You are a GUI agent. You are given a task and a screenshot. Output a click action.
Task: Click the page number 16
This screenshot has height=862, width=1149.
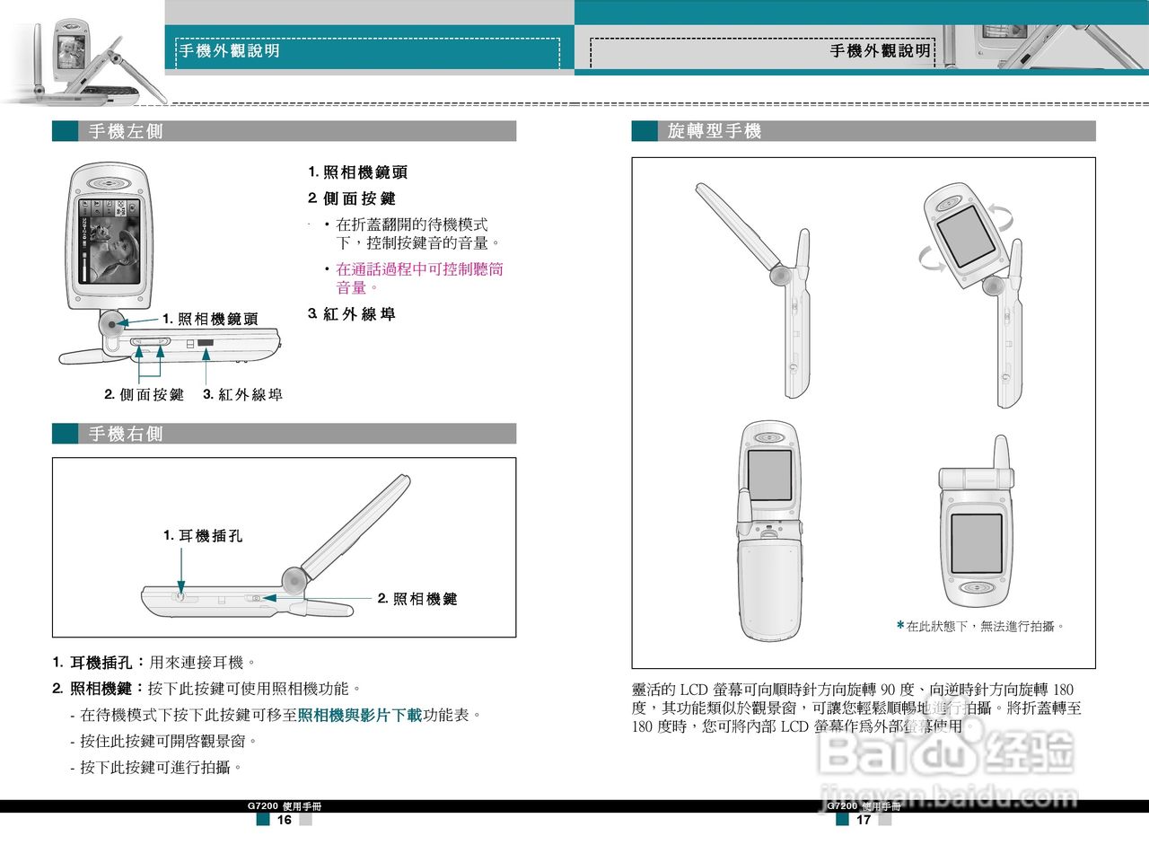coord(284,820)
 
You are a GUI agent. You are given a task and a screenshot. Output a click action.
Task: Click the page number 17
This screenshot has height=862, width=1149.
coord(864,820)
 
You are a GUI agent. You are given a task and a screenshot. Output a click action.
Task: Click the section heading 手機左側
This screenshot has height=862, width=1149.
coord(126,132)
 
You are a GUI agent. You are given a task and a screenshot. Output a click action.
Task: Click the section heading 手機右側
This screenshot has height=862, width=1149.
coord(126,435)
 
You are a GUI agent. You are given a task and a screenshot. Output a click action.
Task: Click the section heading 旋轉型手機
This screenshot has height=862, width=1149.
coord(714,132)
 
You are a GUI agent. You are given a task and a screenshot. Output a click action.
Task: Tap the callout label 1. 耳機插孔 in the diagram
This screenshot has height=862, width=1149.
coord(203,536)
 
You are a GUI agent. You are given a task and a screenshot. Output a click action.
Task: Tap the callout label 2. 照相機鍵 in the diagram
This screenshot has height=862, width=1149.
coord(417,599)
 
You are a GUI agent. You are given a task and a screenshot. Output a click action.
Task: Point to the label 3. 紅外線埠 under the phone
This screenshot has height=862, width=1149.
coord(243,395)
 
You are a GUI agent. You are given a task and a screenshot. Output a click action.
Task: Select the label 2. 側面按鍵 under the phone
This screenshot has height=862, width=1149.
coord(144,395)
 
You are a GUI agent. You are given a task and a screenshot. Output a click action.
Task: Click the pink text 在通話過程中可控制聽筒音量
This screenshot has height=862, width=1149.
coord(419,277)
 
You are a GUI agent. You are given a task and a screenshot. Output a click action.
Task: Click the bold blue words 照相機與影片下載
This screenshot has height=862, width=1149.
coord(360,716)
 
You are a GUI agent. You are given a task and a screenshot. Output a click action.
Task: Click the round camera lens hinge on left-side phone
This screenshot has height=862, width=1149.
coord(111,323)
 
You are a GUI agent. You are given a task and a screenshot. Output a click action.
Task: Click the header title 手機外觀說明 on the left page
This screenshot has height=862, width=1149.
coord(230,51)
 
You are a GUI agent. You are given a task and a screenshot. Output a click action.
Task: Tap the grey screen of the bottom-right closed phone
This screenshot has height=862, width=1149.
coord(976,543)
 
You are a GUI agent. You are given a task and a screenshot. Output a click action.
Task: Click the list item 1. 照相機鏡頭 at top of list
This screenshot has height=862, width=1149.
coord(358,172)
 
